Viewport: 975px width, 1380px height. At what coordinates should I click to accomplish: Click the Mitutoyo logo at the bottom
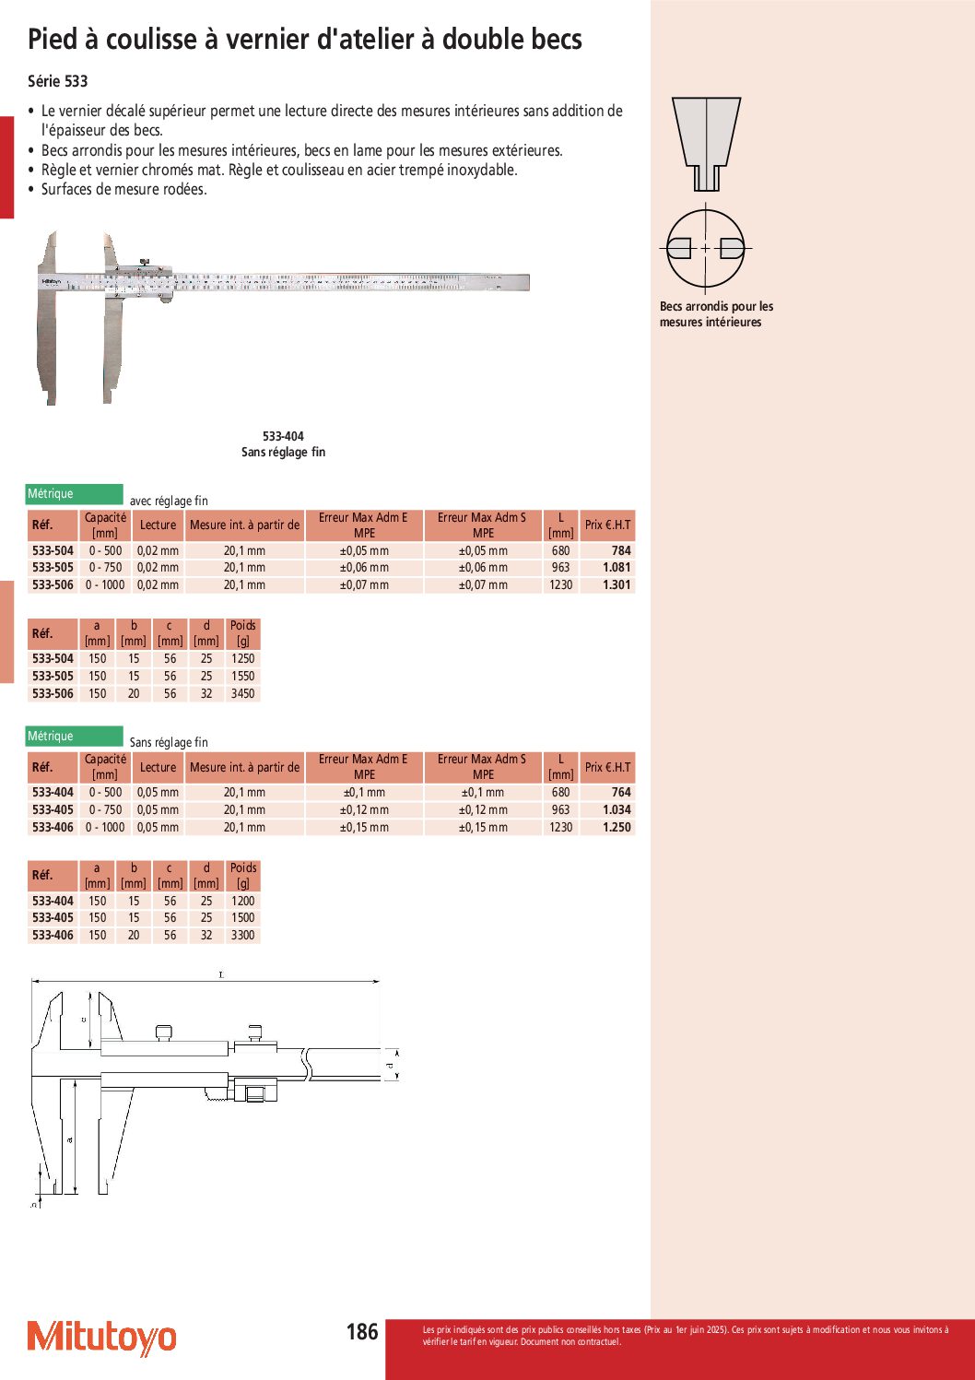(101, 1338)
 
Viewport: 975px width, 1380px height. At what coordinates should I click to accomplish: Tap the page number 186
(362, 1332)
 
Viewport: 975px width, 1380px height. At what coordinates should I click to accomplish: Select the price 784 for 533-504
(621, 550)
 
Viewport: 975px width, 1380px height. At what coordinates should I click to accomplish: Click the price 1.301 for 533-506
(617, 584)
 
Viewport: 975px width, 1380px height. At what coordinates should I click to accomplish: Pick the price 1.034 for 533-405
(617, 809)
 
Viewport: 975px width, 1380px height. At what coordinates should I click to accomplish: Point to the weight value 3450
(242, 693)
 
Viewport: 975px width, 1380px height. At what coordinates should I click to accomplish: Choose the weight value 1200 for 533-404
(242, 901)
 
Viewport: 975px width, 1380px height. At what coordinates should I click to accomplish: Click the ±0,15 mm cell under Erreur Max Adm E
(364, 827)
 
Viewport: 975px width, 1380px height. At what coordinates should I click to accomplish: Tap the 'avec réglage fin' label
(169, 501)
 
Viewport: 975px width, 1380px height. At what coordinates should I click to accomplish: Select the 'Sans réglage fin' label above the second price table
(169, 742)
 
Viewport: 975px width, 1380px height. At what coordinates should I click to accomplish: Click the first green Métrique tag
(74, 494)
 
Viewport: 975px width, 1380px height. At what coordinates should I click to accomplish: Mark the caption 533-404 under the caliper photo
(283, 436)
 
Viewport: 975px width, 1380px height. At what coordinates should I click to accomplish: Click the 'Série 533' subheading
(58, 81)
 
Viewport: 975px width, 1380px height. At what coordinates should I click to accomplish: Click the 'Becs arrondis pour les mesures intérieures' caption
(716, 314)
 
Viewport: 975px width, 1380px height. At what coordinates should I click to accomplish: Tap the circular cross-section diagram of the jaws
(706, 249)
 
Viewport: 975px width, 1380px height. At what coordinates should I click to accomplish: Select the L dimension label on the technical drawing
(221, 974)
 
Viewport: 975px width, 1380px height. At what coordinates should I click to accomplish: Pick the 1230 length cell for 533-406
(560, 827)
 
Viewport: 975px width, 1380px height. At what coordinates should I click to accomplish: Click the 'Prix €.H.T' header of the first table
(607, 525)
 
